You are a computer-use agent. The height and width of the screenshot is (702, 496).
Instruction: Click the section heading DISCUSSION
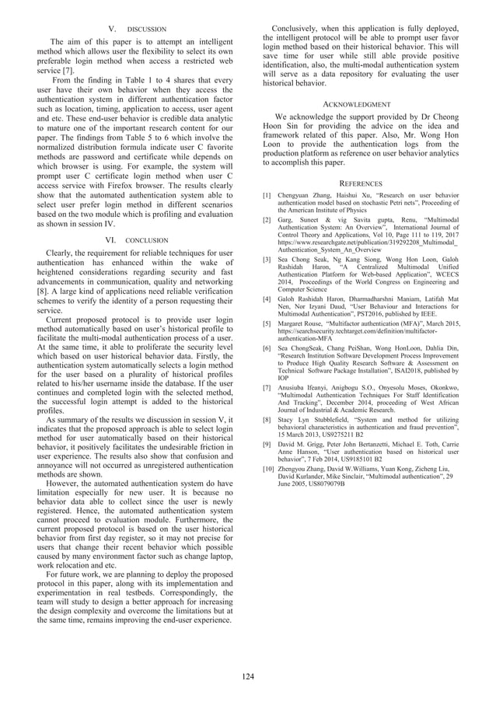pyautogui.click(x=146, y=30)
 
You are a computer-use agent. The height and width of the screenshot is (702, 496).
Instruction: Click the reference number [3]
pyautogui.click(x=267, y=259)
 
